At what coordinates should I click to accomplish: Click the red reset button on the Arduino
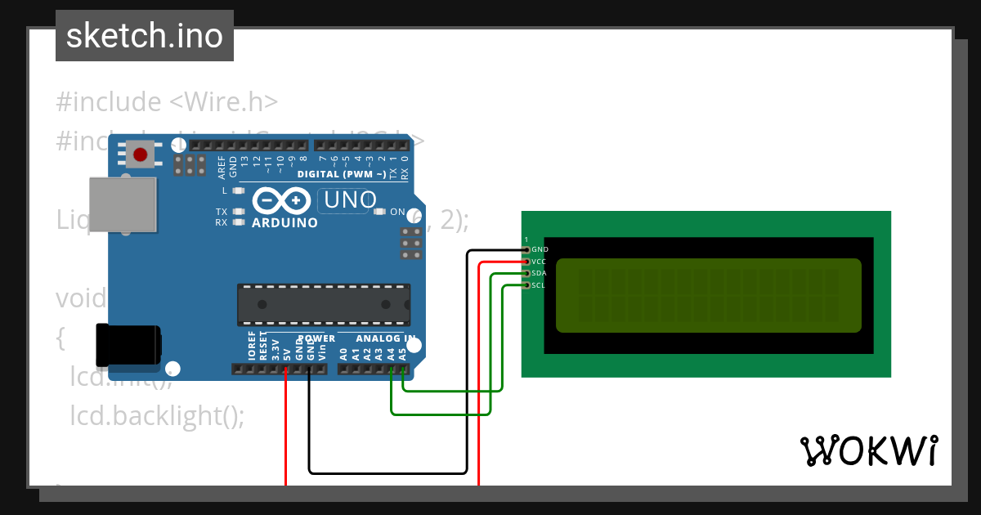pos(141,154)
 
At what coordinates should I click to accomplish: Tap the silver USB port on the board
pos(123,204)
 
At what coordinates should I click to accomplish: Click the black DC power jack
pos(128,345)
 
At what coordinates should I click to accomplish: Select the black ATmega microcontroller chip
pos(324,304)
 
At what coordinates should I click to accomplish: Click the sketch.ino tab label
pos(145,36)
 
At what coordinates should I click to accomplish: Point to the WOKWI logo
pos(868,450)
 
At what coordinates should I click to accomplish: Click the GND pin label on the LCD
pos(540,249)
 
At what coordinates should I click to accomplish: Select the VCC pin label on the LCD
pos(539,262)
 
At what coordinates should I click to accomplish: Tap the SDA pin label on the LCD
pos(539,273)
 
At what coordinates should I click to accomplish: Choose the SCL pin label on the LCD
pos(538,285)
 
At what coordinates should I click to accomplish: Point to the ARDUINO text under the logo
pos(284,222)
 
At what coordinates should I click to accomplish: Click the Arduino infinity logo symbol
pos(281,200)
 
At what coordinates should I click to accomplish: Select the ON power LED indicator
pos(379,212)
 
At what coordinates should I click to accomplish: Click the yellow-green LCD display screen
pos(708,295)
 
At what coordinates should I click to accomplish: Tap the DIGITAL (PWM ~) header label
pos(342,174)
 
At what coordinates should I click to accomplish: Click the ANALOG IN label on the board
pos(386,338)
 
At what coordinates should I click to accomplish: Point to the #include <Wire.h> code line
pos(168,102)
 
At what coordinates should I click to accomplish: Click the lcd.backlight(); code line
pos(157,415)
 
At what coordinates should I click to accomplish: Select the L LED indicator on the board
pos(238,190)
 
